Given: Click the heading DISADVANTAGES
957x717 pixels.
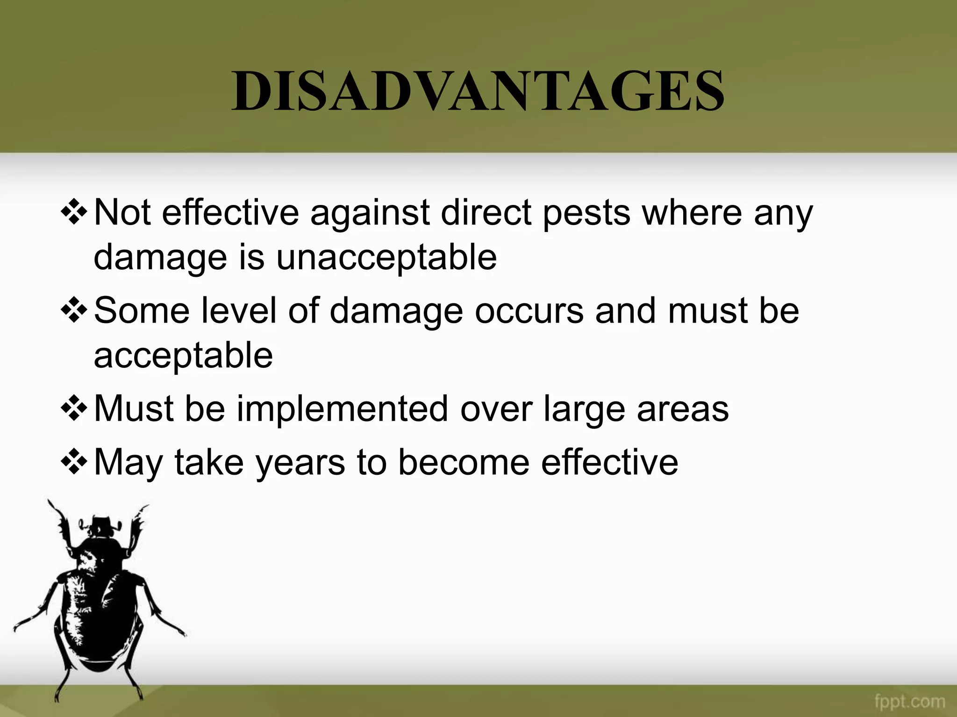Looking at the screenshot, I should click(478, 91).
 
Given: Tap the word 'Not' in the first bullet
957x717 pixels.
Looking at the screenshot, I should click(122, 213).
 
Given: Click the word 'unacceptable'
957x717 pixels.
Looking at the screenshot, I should click(386, 257).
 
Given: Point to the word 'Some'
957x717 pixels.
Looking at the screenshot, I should click(142, 311).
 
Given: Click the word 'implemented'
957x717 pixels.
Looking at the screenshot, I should click(343, 409).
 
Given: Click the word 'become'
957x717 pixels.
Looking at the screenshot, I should click(464, 462).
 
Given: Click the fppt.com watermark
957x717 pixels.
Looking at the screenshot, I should click(909, 701).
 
